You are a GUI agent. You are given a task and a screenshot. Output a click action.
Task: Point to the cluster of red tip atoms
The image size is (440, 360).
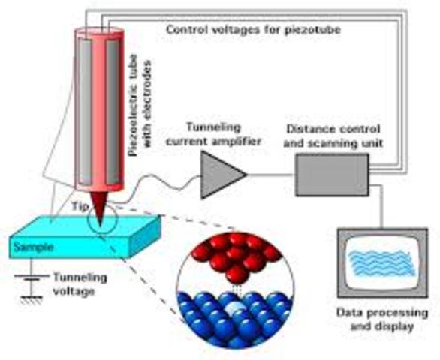click(234, 259)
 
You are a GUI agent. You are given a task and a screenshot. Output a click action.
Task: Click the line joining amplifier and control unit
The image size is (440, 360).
click(271, 175)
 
